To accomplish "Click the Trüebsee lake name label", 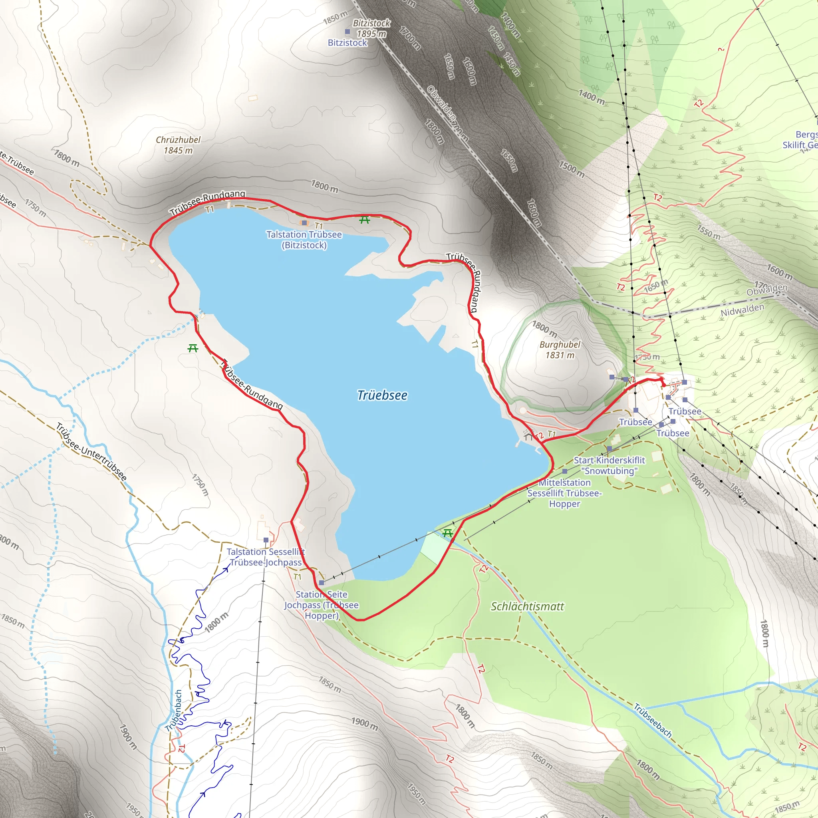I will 382,395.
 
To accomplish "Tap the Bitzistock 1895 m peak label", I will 371,28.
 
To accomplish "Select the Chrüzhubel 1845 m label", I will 178,145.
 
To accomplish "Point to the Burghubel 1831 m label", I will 559,350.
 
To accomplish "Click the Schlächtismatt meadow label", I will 527,607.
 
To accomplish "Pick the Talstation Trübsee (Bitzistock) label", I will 304,240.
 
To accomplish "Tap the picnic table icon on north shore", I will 365,219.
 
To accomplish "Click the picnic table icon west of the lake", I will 193,348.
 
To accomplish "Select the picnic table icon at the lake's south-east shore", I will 447,533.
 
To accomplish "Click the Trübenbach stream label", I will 174,710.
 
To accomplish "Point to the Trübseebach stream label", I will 653,720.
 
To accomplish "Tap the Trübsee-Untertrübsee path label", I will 91,451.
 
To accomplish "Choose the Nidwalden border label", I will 742,310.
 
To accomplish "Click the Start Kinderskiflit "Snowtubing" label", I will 609,465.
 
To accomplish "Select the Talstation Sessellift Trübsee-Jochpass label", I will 266,557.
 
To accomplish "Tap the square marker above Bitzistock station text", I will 347,32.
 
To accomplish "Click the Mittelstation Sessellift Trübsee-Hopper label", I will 564,493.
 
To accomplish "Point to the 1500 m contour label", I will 571,169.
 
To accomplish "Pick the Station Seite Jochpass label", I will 322,605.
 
